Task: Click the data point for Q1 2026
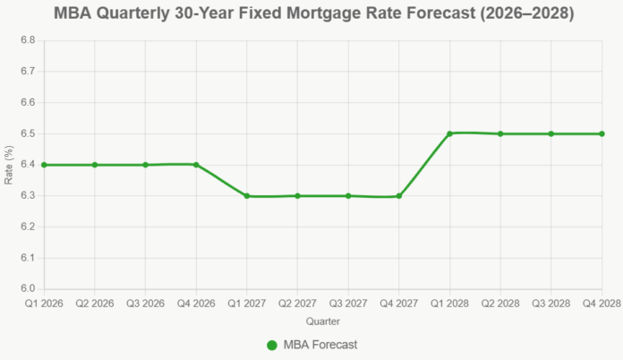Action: tap(44, 165)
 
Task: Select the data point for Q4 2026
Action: tap(196, 165)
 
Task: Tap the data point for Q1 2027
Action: tap(247, 196)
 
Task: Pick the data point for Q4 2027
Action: tap(399, 196)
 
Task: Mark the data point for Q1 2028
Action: tap(449, 133)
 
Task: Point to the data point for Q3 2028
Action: tap(551, 133)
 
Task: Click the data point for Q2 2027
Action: tap(297, 196)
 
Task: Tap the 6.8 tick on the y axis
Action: tap(27, 40)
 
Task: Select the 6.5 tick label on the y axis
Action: tap(27, 133)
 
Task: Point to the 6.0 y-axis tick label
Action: tap(27, 289)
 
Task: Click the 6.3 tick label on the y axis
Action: tap(27, 196)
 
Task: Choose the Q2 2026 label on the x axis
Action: tap(94, 303)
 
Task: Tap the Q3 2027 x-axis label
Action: tap(348, 303)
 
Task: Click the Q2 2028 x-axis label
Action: tap(500, 303)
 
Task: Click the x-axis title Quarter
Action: tap(322, 320)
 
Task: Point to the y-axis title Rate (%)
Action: tap(9, 165)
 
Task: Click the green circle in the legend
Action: tap(272, 345)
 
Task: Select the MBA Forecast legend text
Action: tap(320, 345)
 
